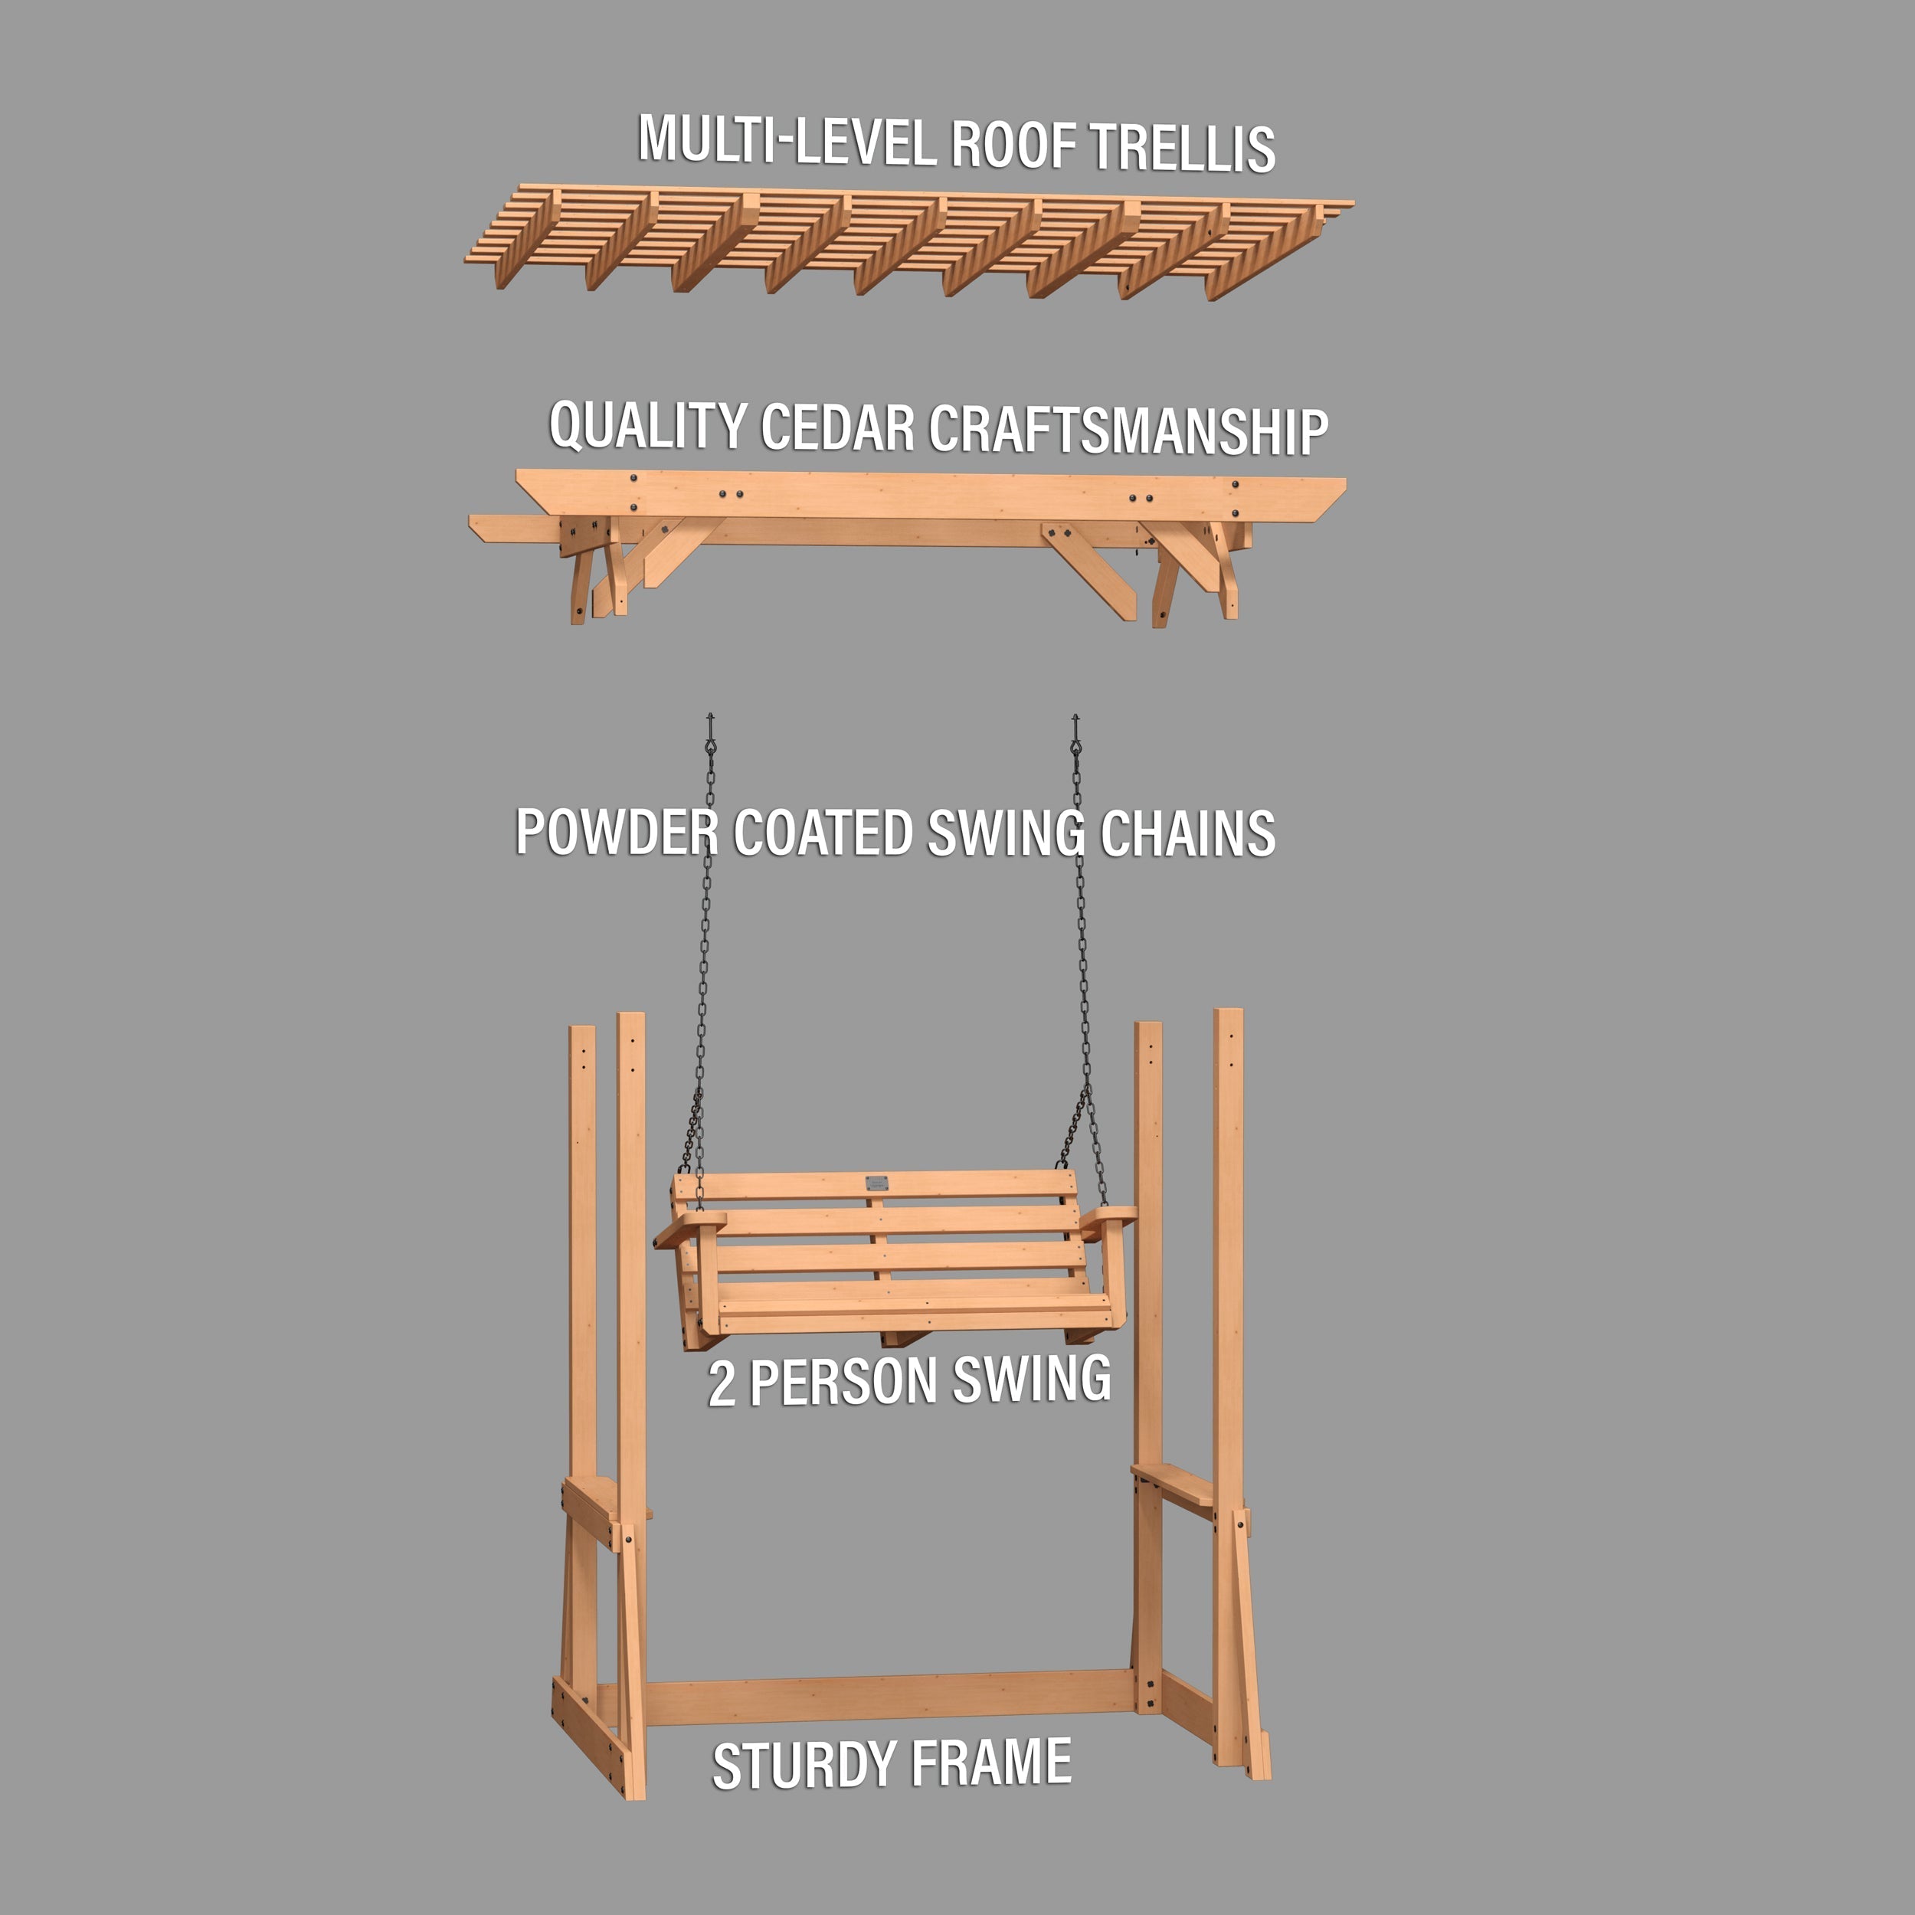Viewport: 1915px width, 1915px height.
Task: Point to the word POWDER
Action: click(617, 832)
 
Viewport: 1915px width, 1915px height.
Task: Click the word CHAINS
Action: click(1187, 833)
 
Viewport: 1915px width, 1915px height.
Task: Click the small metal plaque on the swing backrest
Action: click(876, 1183)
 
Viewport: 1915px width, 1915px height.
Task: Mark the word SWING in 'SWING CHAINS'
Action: click(1005, 833)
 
